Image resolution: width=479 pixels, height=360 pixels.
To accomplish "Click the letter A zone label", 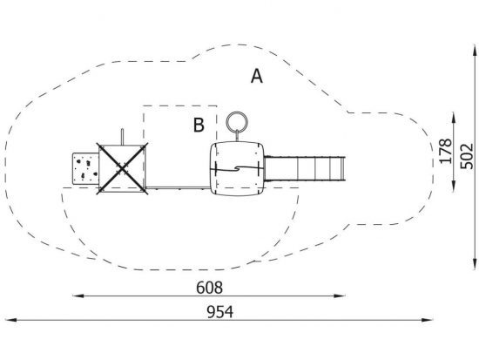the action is click(257, 76).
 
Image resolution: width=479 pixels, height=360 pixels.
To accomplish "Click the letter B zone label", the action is click(199, 125).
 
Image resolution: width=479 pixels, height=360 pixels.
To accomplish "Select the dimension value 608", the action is click(210, 288).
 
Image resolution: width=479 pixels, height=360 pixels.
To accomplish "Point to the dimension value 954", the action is click(220, 312).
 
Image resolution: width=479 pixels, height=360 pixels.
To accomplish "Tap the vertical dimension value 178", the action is click(445, 151).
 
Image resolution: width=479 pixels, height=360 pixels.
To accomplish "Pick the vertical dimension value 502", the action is click(467, 156).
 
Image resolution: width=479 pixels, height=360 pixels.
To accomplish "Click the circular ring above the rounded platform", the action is click(237, 122).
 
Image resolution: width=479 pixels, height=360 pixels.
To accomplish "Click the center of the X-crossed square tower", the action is click(122, 168).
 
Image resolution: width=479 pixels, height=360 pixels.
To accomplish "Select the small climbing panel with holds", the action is click(86, 168).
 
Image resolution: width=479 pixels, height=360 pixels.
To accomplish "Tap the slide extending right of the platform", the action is click(305, 168).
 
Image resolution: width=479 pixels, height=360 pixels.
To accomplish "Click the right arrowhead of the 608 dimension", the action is click(340, 295).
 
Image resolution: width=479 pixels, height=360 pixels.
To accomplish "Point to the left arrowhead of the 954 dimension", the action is click(11, 320).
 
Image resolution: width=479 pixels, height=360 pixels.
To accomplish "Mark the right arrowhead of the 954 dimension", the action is click(427, 320).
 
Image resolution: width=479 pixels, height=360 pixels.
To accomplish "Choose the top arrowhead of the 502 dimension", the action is click(475, 51).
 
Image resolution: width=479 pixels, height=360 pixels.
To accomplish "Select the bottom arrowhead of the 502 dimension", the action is click(475, 263).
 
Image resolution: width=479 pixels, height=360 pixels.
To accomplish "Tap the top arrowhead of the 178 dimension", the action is click(454, 119).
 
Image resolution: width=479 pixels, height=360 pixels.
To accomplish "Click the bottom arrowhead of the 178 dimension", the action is click(454, 187).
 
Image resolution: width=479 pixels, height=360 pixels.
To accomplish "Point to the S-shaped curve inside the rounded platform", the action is click(237, 168).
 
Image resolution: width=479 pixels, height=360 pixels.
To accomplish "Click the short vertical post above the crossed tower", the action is click(122, 136).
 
